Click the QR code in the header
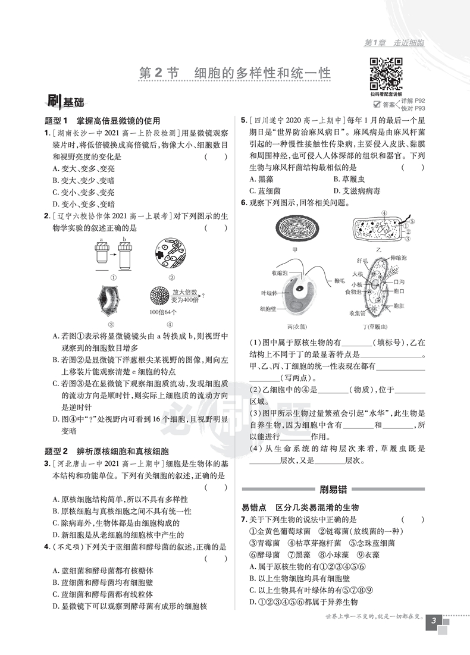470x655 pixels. (x=386, y=74)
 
